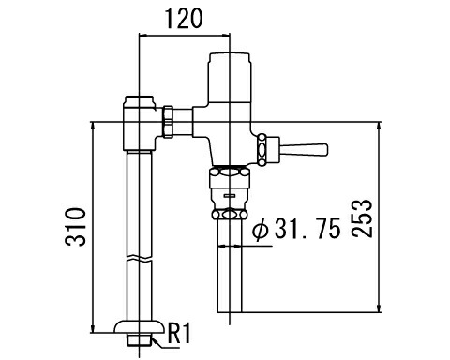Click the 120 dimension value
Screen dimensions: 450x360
coord(184,19)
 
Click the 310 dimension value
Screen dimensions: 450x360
coord(75,227)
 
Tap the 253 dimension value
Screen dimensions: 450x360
coord(362,218)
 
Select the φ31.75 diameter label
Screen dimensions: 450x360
coord(296,229)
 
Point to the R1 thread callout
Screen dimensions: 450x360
coord(179,333)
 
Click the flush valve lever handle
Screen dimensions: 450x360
coord(303,149)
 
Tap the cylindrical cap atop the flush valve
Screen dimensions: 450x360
coord(230,77)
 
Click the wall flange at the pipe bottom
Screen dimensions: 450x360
coord(139,326)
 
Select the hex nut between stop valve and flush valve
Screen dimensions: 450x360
coord(168,122)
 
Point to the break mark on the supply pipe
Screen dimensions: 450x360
coord(140,259)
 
